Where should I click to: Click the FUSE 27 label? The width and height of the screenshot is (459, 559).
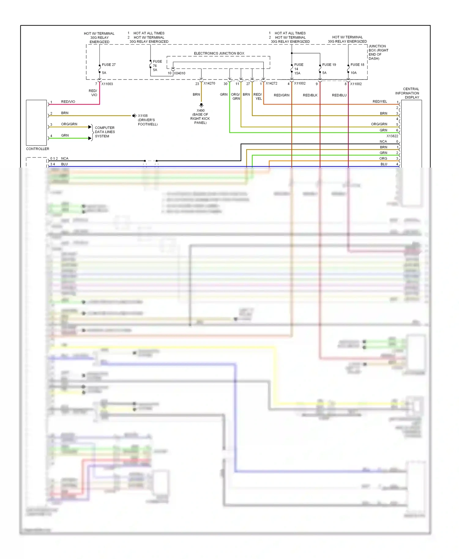tap(109, 65)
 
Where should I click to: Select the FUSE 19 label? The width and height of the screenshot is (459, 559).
tap(329, 65)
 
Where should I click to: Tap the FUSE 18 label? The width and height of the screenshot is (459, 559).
tap(357, 65)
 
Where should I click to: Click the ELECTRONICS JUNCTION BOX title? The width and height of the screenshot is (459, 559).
tap(219, 53)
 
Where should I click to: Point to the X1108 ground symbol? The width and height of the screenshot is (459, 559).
tap(134, 116)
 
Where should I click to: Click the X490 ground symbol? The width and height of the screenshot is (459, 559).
tap(201, 105)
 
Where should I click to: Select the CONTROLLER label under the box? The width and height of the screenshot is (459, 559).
tap(37, 149)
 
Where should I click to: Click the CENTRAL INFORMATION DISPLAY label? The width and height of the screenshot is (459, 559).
tap(407, 93)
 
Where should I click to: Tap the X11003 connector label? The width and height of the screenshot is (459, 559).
tap(107, 84)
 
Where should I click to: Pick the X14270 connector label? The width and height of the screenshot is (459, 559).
tap(209, 83)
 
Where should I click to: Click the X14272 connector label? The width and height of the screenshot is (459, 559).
tap(271, 83)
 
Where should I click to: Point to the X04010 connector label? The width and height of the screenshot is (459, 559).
tap(179, 73)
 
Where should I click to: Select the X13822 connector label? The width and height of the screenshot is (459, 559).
tap(392, 136)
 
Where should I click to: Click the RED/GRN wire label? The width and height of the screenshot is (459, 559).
tap(282, 95)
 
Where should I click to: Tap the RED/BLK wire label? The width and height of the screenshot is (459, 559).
tap(310, 95)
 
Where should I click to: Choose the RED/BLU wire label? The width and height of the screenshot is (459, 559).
tap(339, 95)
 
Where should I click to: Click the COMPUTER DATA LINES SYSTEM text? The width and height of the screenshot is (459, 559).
tap(105, 132)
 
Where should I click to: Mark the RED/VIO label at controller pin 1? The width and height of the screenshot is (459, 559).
tap(68, 102)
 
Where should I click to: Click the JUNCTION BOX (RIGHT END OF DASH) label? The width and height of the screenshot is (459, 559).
tap(378, 52)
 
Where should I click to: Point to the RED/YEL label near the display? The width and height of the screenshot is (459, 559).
tap(379, 101)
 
